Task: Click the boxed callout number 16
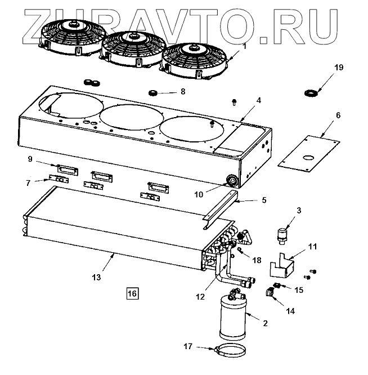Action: tap(132, 293)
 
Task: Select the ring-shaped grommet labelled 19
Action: tap(309, 92)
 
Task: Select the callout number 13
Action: tap(97, 277)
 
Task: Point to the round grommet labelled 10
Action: tap(231, 181)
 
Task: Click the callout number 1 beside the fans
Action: tap(244, 46)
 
